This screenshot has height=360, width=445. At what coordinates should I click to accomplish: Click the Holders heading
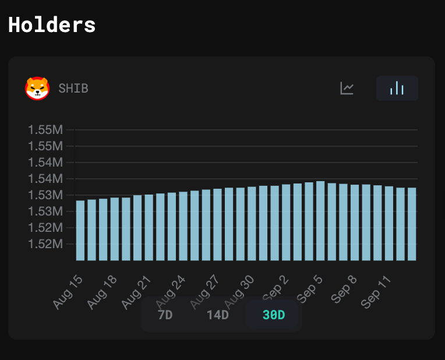(x=52, y=25)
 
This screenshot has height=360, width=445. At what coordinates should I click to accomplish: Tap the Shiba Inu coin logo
(x=37, y=89)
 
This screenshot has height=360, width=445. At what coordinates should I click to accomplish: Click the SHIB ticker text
(x=73, y=89)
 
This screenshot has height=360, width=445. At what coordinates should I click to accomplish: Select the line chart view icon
(x=347, y=89)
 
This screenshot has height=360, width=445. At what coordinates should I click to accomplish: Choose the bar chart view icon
(x=397, y=89)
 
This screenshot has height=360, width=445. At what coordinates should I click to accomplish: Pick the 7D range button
(x=165, y=315)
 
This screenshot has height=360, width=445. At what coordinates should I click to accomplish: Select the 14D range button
(x=218, y=315)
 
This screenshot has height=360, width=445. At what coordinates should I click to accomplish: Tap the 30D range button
(x=273, y=315)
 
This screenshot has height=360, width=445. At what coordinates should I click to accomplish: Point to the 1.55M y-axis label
(x=45, y=129)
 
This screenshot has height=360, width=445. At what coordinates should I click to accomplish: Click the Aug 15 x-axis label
(x=69, y=291)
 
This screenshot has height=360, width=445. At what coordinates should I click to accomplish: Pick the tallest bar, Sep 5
(x=320, y=221)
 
